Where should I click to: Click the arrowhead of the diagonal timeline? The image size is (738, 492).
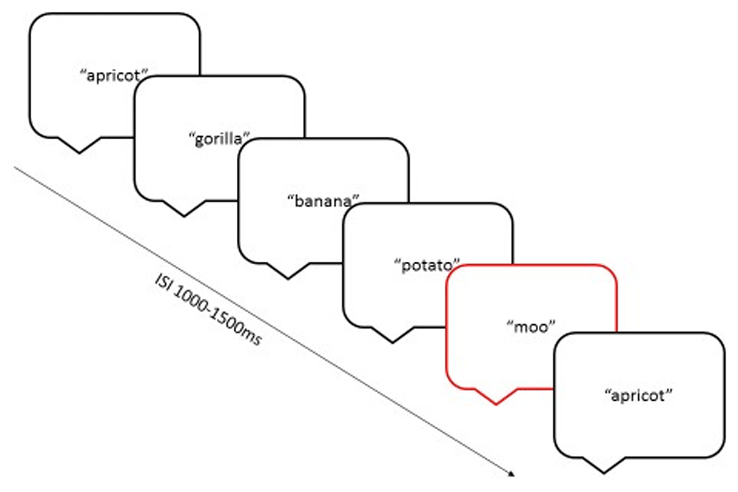[x=512, y=474]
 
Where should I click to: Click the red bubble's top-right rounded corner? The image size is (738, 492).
[x=609, y=273]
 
